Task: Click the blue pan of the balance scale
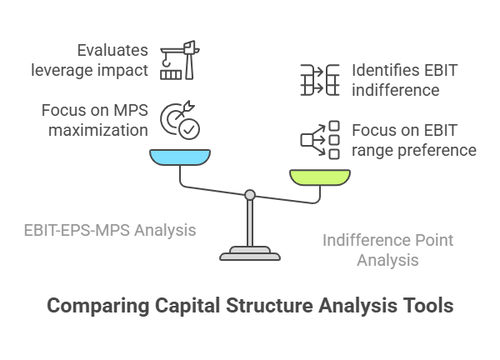point(180,157)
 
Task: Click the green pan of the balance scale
point(321,176)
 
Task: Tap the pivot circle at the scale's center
point(249,195)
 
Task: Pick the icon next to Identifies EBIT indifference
point(320,80)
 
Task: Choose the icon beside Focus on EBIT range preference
point(320,139)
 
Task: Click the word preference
point(436,150)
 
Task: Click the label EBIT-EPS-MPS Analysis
point(111,229)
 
